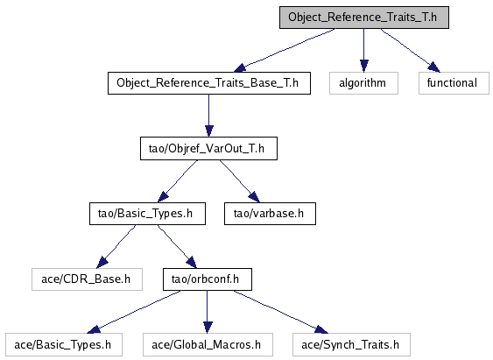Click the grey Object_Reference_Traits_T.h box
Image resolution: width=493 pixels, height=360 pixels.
coord(364,18)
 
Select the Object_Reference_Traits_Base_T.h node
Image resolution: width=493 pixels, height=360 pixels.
coord(209,83)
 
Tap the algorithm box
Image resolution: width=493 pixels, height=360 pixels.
coord(363,83)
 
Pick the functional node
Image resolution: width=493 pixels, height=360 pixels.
coord(454,83)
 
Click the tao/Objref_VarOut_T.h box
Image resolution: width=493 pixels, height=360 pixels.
coord(208,148)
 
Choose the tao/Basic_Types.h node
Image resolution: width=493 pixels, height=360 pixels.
coord(147,214)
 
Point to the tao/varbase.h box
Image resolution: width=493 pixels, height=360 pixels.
coord(270,214)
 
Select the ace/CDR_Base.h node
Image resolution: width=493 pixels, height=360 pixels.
coord(87,279)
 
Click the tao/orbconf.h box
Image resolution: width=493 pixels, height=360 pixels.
coord(208,279)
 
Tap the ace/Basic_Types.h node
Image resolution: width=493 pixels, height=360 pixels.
coord(64,345)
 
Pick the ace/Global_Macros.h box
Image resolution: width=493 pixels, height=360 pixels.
coord(208,345)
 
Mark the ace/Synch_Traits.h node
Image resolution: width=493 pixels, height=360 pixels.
coord(351,345)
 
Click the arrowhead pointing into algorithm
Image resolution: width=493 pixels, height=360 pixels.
coord(364,66)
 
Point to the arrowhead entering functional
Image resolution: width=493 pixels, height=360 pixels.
coord(434,67)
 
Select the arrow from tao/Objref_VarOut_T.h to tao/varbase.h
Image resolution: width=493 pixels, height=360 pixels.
coord(240,181)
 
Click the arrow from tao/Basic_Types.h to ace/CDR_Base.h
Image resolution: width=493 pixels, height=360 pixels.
coord(116,247)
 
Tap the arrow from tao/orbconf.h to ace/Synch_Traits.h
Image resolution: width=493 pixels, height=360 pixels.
coord(281,312)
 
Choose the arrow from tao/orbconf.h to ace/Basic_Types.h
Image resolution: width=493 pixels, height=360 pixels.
coord(134,312)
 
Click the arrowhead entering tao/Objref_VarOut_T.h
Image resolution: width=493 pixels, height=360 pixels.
coord(209,131)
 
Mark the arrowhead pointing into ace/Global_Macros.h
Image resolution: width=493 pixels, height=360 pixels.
coord(208,328)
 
